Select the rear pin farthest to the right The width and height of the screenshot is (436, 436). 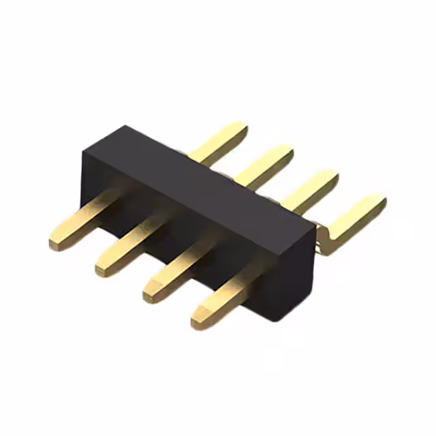click(354, 215)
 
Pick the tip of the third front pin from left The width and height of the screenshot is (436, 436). click(149, 292)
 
